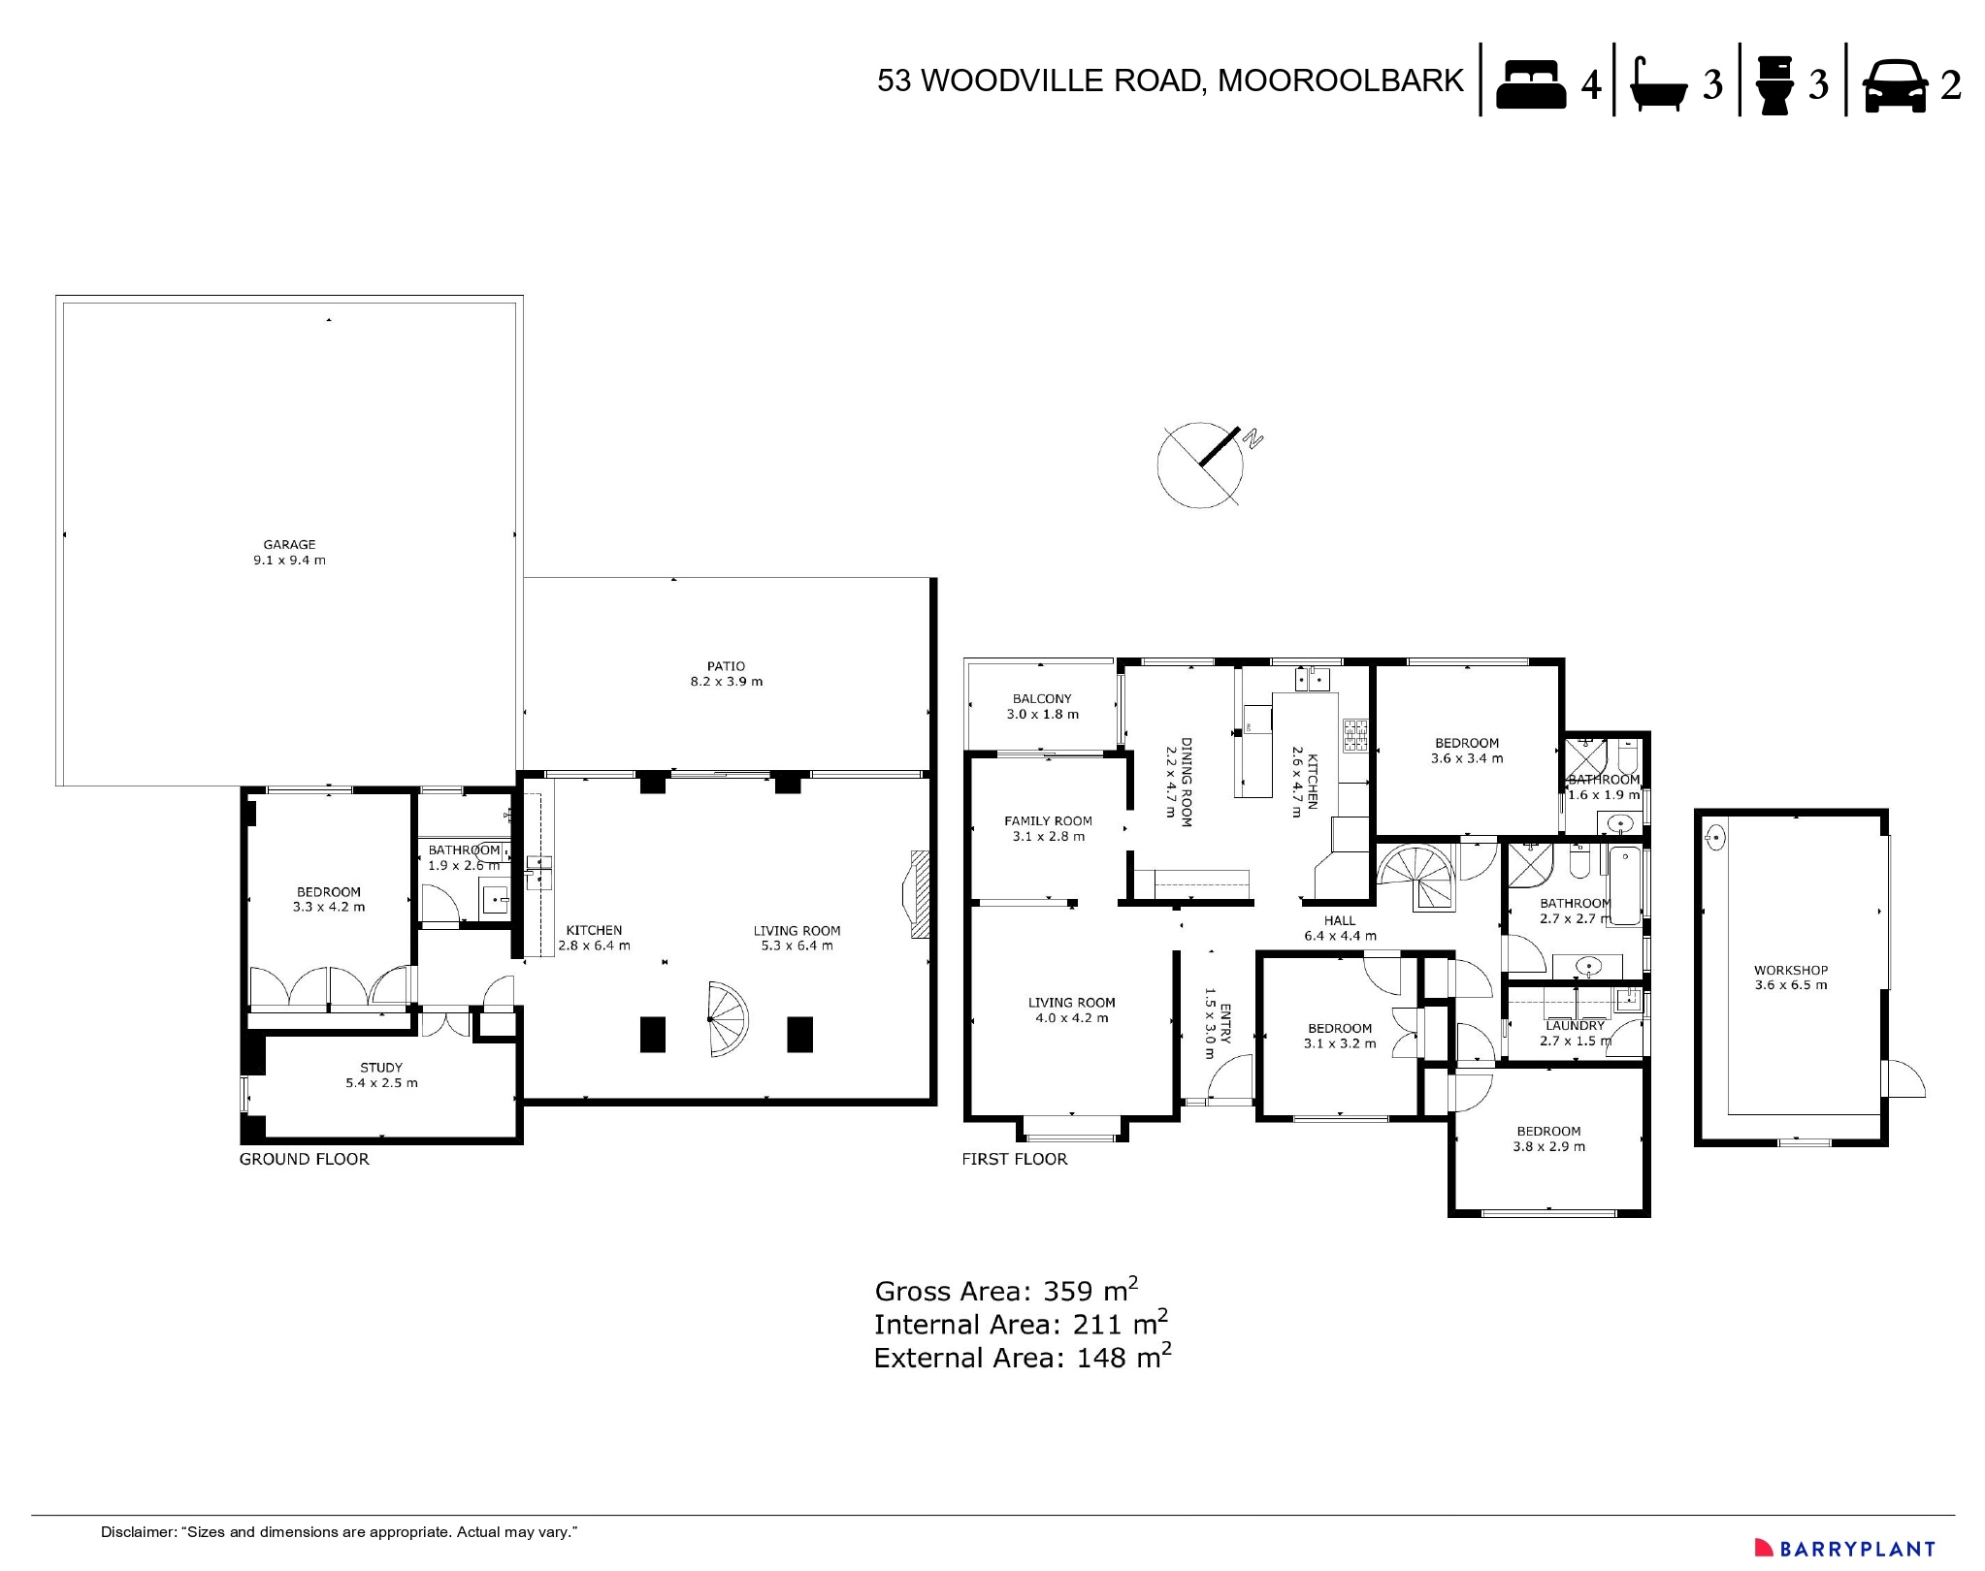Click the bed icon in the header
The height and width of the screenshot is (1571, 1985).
tap(1530, 84)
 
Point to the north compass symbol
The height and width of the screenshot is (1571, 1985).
tap(1203, 465)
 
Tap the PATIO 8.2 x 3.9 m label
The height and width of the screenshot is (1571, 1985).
tap(726, 674)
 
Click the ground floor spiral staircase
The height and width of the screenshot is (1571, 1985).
tap(727, 1020)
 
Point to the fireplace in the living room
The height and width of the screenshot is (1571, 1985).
tap(917, 894)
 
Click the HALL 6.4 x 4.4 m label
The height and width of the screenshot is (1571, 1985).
tap(1340, 928)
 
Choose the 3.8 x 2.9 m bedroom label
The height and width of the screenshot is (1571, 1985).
tap(1548, 1138)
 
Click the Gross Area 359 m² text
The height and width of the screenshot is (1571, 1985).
tap(1005, 1291)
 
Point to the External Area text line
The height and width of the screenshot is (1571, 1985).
tap(1022, 1358)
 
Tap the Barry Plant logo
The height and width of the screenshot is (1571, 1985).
tap(1844, 1549)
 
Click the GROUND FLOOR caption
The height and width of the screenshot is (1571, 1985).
tap(304, 1159)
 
